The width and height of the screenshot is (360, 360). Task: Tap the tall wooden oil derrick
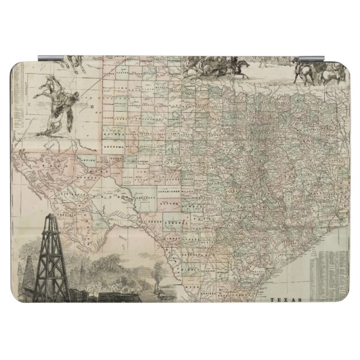pos(51,263)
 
